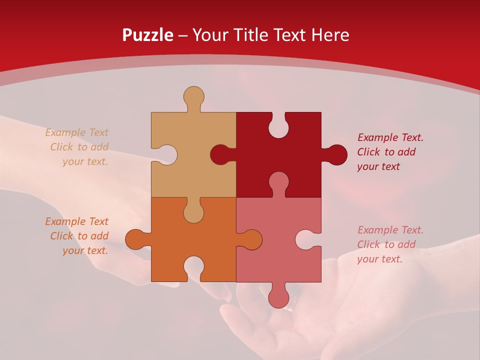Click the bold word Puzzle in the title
click(147, 35)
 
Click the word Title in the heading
click(251, 35)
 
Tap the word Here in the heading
click(330, 35)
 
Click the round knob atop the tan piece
click(193, 96)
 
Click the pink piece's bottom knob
click(278, 298)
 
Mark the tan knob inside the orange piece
click(193, 212)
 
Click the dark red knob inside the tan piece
click(220, 154)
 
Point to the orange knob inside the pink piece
click(252, 239)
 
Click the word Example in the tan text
click(64, 132)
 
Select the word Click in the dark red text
click(369, 152)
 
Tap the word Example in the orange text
click(64, 221)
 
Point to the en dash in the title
click(182, 35)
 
